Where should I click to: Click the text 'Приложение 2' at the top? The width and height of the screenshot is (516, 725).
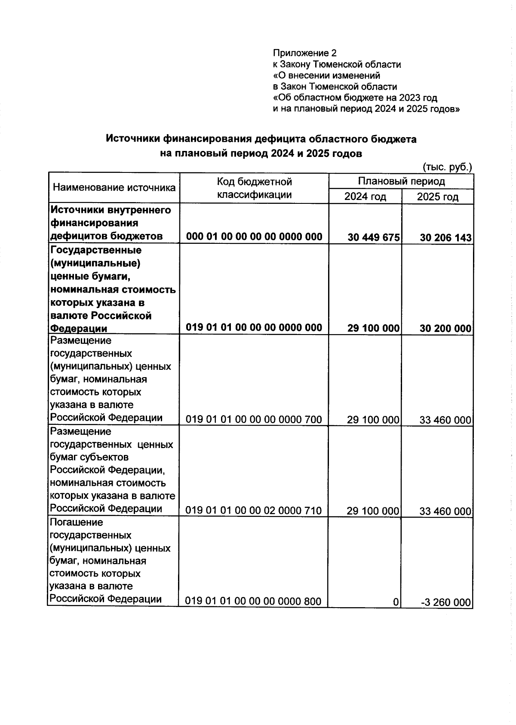point(304,53)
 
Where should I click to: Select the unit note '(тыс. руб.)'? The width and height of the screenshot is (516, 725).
point(448,167)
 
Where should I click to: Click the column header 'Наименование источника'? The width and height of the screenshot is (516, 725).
point(114,187)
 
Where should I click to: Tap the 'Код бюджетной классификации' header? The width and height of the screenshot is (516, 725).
point(254,188)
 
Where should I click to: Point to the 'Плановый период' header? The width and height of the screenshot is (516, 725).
point(401,181)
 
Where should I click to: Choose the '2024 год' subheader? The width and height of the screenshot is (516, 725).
point(365,197)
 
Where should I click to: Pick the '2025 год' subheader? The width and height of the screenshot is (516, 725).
point(437,197)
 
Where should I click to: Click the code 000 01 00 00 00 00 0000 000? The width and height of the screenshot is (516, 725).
point(254,237)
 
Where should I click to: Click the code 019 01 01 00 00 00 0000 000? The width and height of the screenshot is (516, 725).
point(254,327)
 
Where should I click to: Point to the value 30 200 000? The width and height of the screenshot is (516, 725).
point(445,329)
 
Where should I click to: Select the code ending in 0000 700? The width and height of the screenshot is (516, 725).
point(254,419)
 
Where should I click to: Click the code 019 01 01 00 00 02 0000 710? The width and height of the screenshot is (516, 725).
point(254,510)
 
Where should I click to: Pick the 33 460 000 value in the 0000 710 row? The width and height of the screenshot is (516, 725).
point(445,511)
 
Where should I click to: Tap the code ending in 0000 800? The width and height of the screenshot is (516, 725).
point(253,601)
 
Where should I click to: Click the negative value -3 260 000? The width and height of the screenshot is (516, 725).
point(446,602)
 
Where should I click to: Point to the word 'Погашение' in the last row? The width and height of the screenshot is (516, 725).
point(77,522)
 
